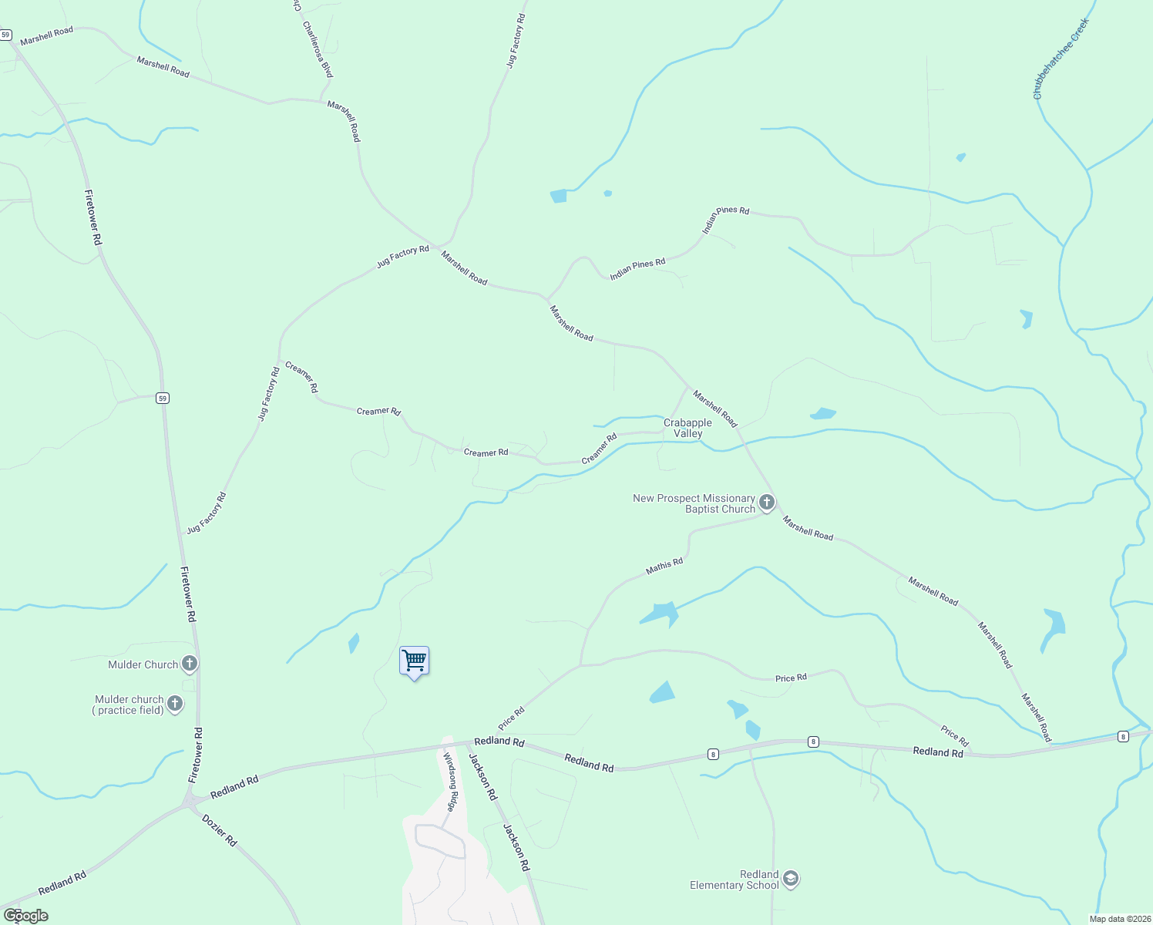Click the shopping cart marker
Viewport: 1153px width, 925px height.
click(x=414, y=661)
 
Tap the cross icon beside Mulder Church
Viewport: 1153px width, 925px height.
click(x=189, y=664)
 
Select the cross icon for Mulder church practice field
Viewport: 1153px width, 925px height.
click(x=175, y=704)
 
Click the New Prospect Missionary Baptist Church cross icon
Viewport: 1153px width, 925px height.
click(x=766, y=503)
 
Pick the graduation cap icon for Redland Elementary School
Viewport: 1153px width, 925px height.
click(x=790, y=879)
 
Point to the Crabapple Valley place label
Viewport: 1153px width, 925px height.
click(x=687, y=428)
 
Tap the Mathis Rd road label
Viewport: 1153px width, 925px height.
click(x=664, y=567)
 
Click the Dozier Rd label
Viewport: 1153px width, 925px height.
click(x=220, y=831)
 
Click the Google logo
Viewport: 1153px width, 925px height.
click(x=25, y=915)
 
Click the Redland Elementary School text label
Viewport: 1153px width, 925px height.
click(x=734, y=880)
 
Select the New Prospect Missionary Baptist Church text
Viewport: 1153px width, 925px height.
click(x=694, y=503)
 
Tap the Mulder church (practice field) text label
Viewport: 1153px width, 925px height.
click(x=129, y=705)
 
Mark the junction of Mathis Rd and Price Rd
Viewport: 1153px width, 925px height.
click(x=580, y=664)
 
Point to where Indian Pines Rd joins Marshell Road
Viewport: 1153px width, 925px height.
click(x=546, y=298)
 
